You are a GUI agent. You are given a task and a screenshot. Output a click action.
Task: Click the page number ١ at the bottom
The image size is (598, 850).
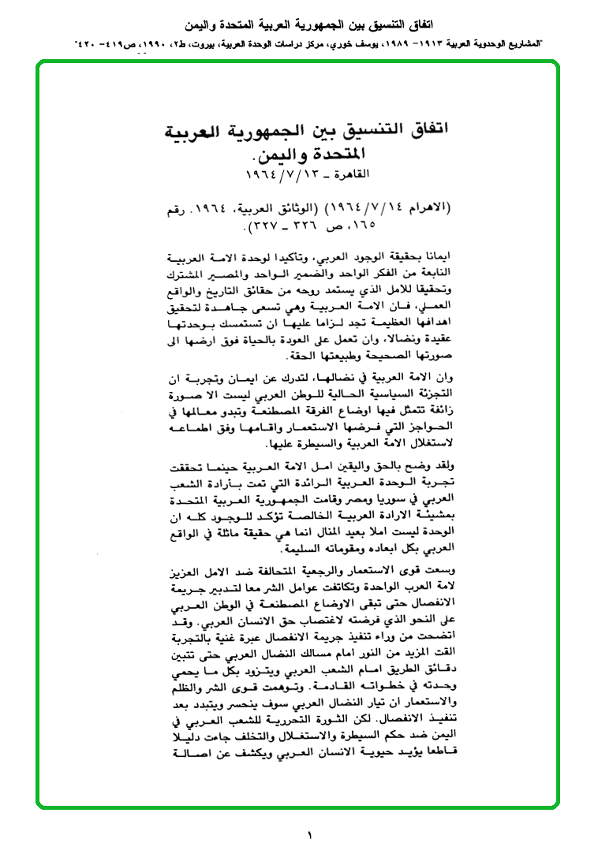[309, 834]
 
